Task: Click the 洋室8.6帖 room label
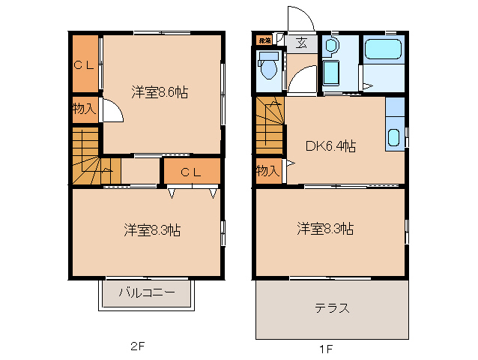coord(160,93)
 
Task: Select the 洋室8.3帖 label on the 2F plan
coord(152,230)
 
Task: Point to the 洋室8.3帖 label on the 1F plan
coord(324,228)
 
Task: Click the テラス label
coord(332,308)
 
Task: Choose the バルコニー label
coord(148,293)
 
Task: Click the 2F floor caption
coord(136,346)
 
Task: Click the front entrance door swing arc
coord(299,19)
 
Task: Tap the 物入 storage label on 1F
coord(267,170)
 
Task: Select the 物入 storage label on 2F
coord(84,109)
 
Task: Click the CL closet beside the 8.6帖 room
coord(85,64)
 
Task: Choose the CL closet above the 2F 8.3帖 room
coord(191,172)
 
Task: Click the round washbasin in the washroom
coord(332,46)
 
